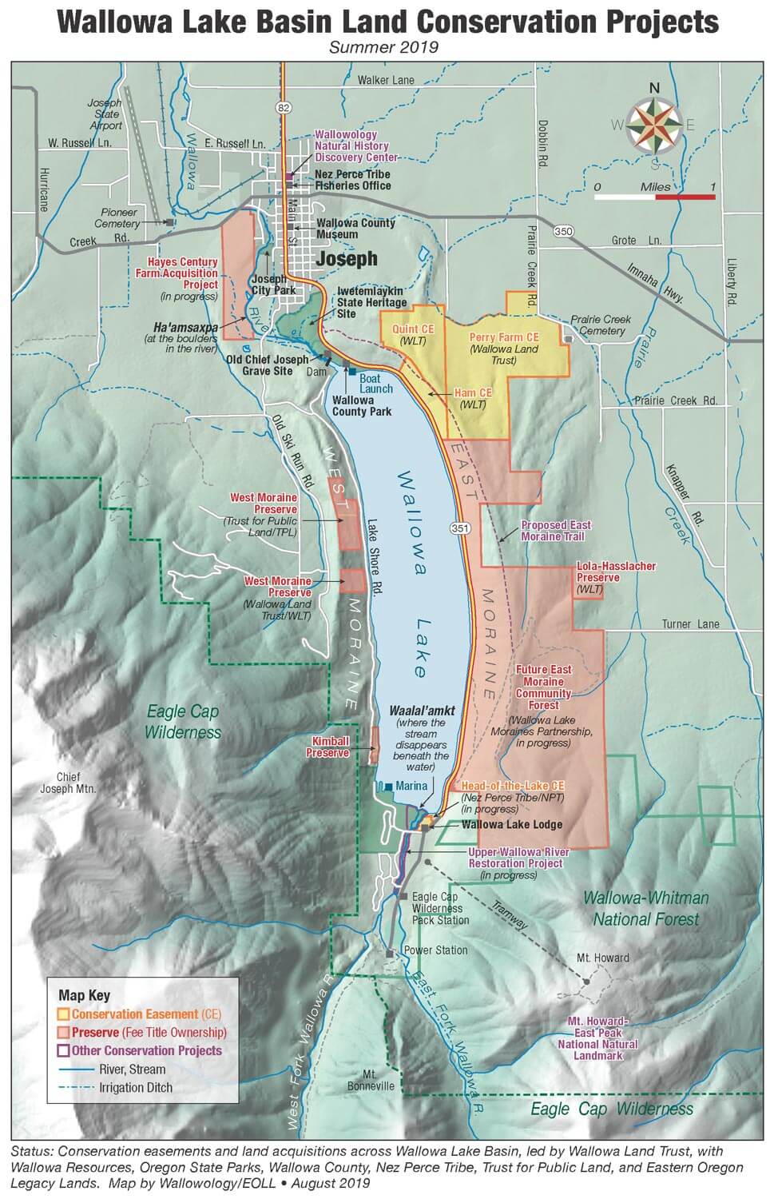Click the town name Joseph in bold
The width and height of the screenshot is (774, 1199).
346,259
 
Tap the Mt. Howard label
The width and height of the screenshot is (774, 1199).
603,958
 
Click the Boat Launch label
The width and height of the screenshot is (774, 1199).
375,383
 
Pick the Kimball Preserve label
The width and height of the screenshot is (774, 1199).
330,747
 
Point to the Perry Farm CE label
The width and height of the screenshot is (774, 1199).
504,337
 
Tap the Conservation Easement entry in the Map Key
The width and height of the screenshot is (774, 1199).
140,1014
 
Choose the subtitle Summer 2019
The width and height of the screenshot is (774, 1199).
386,48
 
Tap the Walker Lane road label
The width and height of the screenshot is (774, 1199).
386,80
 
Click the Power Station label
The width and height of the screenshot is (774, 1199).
435,950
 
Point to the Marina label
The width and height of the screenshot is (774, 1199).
411,787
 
